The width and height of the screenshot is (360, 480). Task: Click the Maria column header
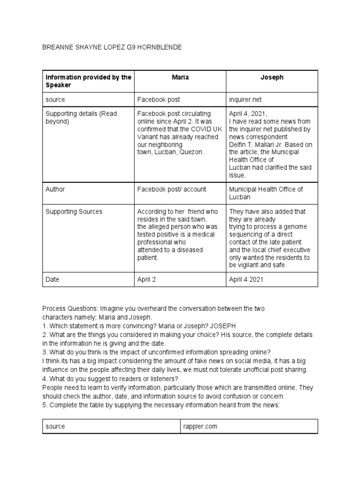[180, 77]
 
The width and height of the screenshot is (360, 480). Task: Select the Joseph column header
[272, 77]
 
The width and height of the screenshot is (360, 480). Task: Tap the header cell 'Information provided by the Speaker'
[88, 81]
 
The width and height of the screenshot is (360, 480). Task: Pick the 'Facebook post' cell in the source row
[158, 99]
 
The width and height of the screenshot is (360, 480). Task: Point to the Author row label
[55, 189]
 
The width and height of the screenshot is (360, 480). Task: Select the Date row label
[52, 279]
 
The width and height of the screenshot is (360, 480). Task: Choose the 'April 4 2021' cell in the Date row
[246, 279]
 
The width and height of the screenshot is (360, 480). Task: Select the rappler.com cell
[200, 427]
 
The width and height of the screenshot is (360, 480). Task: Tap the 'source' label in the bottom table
[55, 427]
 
